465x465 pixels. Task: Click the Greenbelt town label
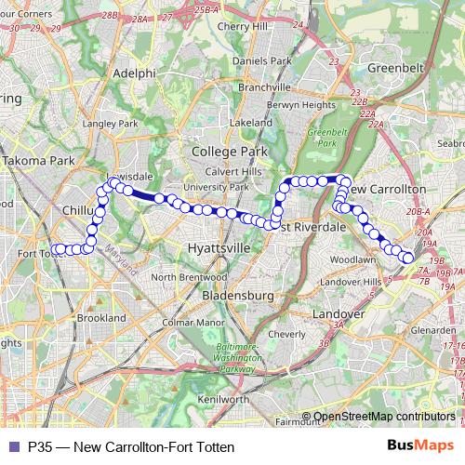pyautogui.click(x=396, y=68)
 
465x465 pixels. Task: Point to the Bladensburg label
pyautogui.click(x=233, y=295)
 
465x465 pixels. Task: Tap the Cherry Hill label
pyautogui.click(x=242, y=27)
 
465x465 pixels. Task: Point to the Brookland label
pyautogui.click(x=101, y=318)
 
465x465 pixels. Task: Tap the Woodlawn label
pyautogui.click(x=352, y=259)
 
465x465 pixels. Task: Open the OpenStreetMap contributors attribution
pyautogui.click(x=384, y=418)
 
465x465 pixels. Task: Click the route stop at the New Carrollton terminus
pyautogui.click(x=407, y=256)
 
